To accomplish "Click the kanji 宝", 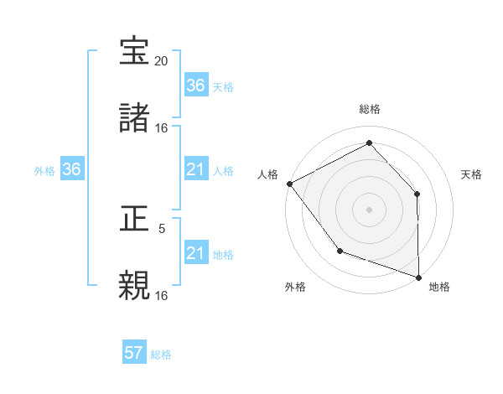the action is tap(135, 52).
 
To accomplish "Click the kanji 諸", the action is tap(135, 119).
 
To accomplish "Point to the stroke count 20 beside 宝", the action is tap(162, 61).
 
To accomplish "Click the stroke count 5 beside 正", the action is tap(162, 228).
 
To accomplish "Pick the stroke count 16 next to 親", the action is tap(162, 295).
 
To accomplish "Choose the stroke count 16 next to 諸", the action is tap(162, 128).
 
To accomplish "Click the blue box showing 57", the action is tap(134, 353).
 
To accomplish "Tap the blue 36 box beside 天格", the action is tap(195, 85).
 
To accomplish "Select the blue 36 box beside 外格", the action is tap(72, 169).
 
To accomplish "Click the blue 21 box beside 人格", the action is tap(195, 169).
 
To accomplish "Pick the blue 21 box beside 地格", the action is tap(195, 253).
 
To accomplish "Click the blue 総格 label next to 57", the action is tap(161, 355).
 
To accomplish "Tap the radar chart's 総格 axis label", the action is tap(369, 109).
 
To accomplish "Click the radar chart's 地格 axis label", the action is tap(439, 287).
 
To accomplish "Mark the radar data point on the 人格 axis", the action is tap(289, 183).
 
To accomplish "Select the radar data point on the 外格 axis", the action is tap(340, 251).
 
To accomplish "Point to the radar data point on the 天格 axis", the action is tap(417, 194).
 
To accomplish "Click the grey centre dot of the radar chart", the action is tap(369, 209).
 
